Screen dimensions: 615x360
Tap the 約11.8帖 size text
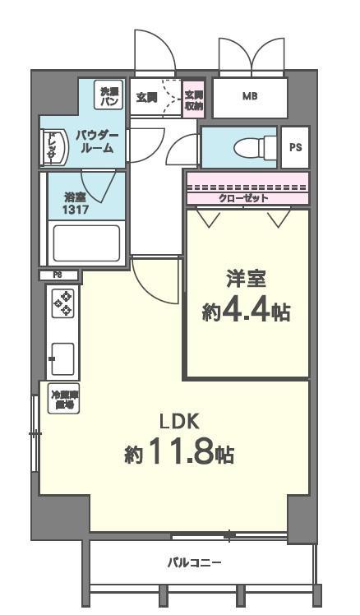(179, 452)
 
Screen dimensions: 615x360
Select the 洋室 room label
(247, 280)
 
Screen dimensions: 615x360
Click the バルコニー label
(194, 562)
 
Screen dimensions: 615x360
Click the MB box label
(249, 97)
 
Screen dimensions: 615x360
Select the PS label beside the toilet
(295, 147)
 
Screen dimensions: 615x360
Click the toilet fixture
(247, 148)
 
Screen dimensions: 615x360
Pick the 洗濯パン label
(108, 96)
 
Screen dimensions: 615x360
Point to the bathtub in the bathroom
(86, 243)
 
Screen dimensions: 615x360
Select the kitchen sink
(62, 357)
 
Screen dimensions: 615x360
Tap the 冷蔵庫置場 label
(62, 400)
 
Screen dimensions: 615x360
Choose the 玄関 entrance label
(147, 97)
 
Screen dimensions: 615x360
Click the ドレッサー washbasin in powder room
(51, 146)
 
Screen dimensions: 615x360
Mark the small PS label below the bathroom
(58, 275)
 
